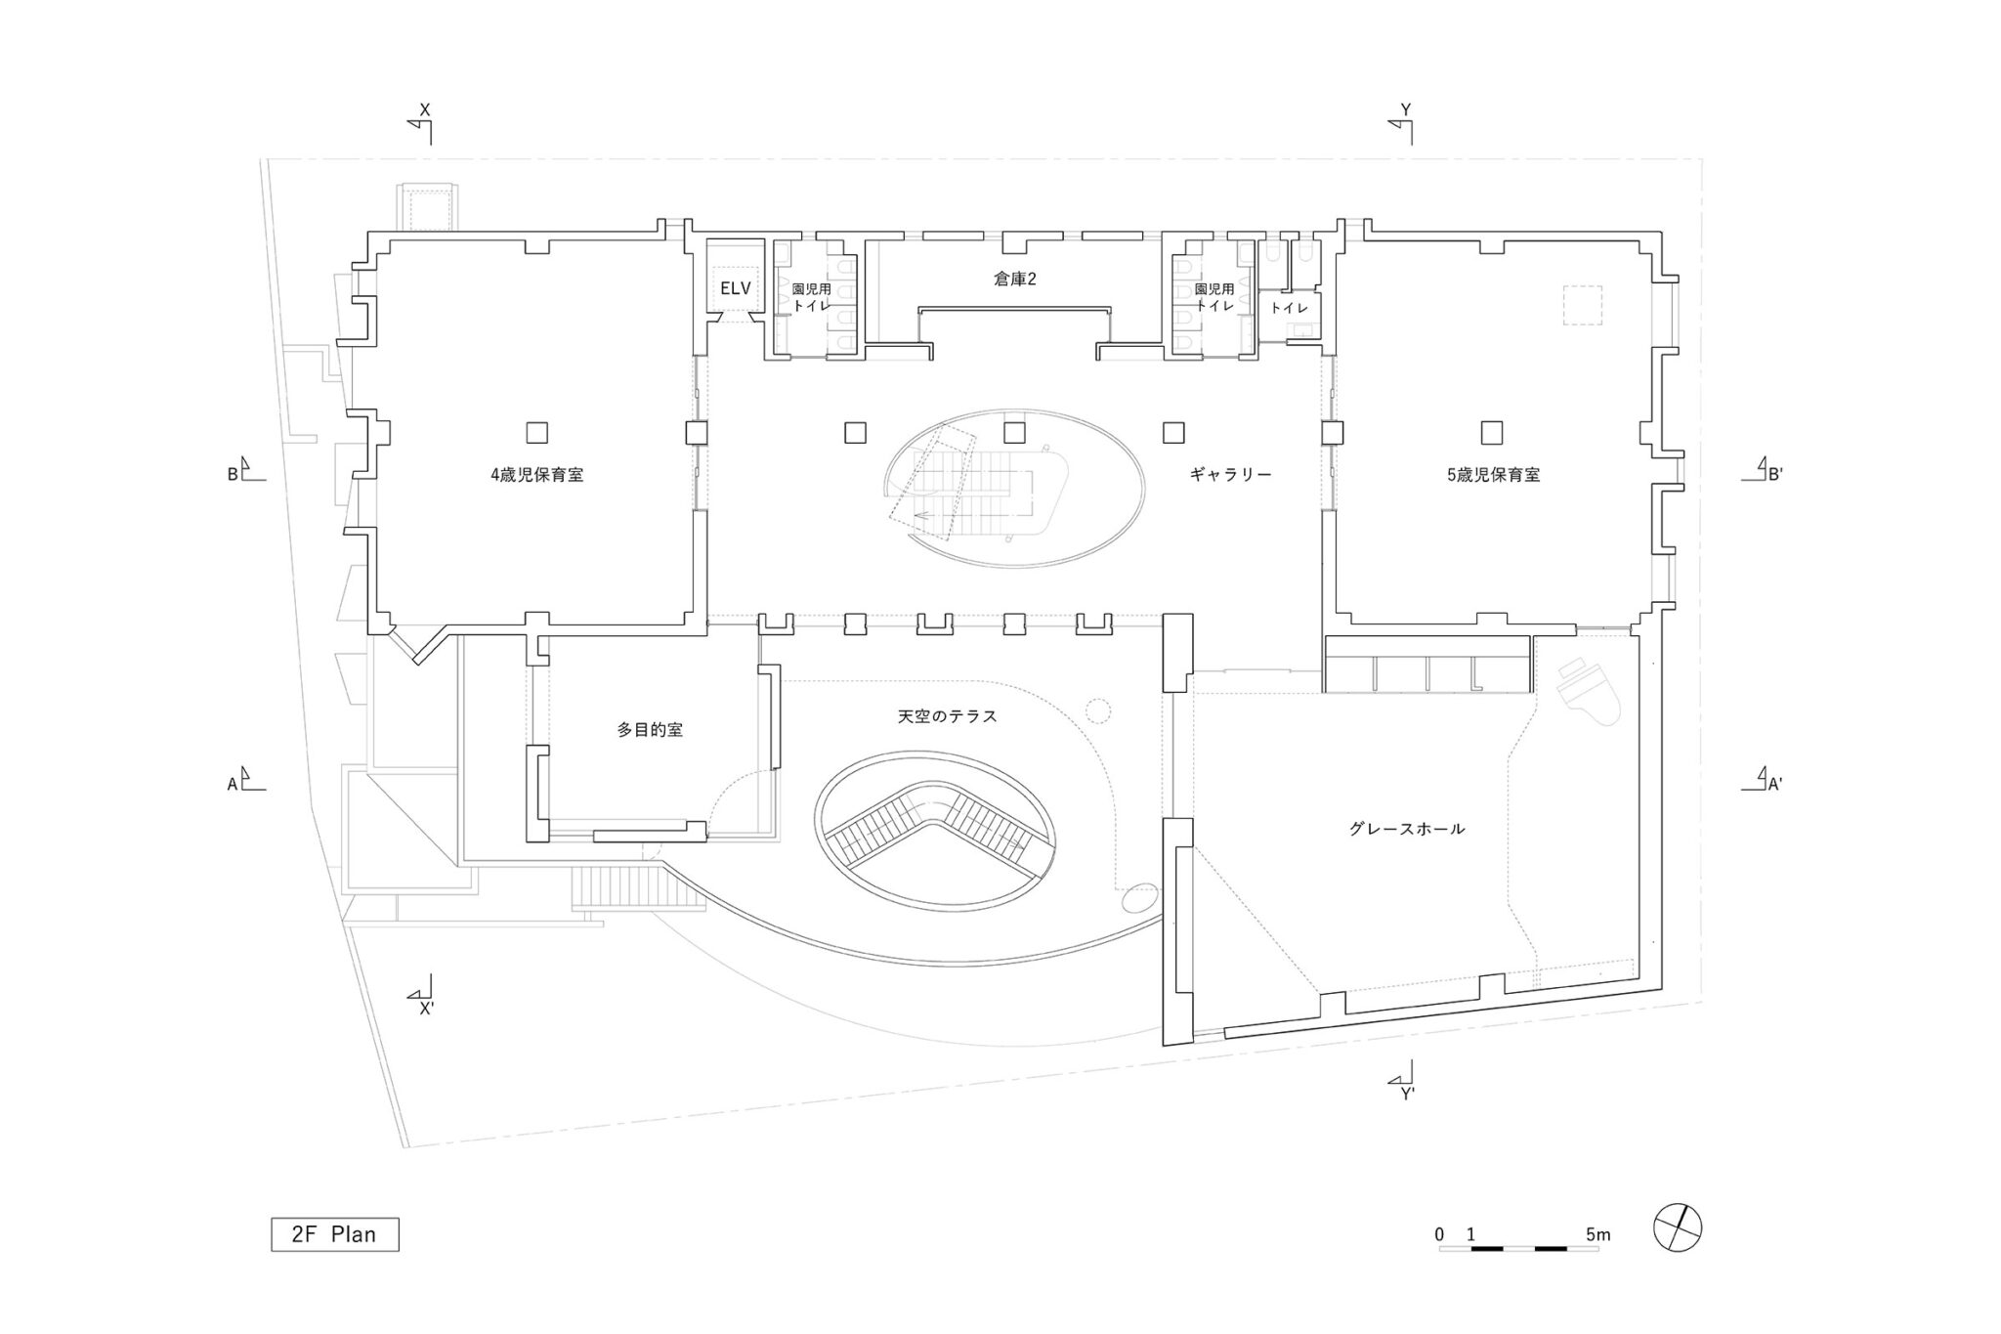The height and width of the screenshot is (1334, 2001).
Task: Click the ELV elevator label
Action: [x=735, y=289]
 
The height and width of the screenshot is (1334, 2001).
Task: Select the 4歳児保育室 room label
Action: [x=536, y=476]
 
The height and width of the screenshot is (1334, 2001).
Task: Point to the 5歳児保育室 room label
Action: [x=1493, y=476]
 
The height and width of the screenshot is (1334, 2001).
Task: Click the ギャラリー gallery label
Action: [x=1230, y=475]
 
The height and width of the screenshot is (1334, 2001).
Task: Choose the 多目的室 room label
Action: [x=650, y=729]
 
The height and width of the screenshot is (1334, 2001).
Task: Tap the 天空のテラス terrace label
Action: [x=947, y=716]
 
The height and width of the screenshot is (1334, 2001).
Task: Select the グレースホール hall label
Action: [x=1407, y=829]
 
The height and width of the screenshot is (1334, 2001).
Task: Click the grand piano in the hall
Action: [x=1591, y=690]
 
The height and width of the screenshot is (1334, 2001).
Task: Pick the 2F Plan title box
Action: [x=335, y=1234]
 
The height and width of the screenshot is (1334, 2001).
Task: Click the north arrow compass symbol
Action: [x=1677, y=1226]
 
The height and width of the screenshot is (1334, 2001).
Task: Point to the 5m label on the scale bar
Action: [x=1597, y=1235]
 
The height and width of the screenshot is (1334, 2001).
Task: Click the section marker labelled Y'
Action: [x=1405, y=1081]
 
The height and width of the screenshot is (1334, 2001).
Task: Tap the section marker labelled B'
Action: [x=1765, y=472]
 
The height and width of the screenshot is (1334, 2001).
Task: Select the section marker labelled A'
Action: [x=1765, y=780]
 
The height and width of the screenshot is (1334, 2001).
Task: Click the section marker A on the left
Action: [x=245, y=781]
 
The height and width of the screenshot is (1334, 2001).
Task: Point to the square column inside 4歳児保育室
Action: [x=536, y=432]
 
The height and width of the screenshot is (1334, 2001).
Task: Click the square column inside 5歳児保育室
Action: [x=1491, y=432]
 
